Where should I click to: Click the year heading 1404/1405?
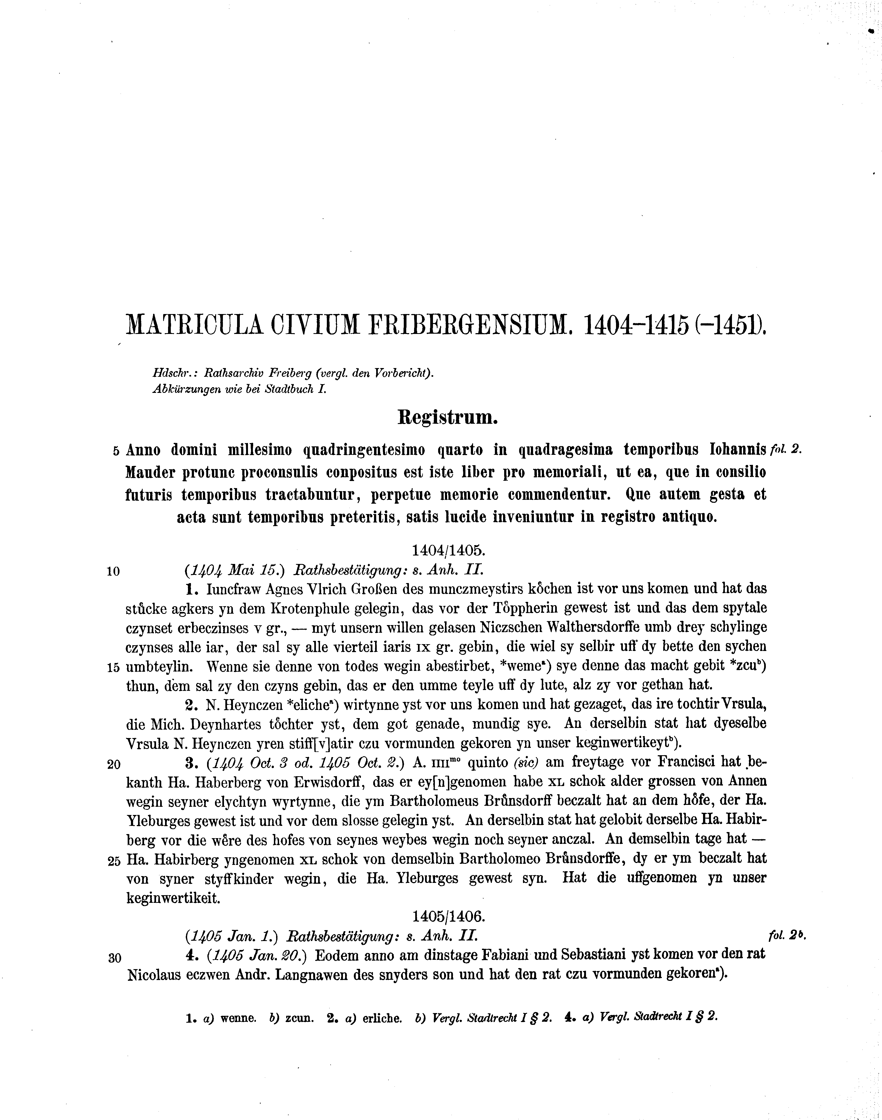click(x=448, y=549)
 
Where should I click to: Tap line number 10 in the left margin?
click(x=113, y=571)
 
